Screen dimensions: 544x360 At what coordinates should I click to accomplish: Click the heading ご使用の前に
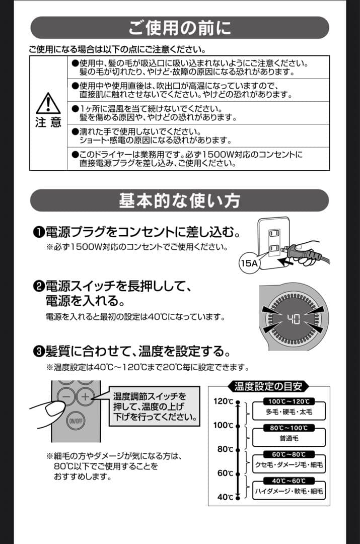click(x=180, y=28)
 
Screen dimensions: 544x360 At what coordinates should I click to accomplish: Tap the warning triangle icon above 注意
click(x=48, y=104)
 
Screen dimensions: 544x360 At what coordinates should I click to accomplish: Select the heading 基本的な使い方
click(x=180, y=200)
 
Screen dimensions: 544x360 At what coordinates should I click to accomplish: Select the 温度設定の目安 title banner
click(x=269, y=387)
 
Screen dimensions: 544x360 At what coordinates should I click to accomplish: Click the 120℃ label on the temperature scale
click(x=223, y=401)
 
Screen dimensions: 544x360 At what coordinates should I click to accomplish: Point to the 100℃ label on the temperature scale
click(x=223, y=425)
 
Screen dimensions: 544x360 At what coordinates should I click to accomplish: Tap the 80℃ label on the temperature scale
click(x=225, y=449)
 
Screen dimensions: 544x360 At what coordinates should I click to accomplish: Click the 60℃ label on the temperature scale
click(x=225, y=473)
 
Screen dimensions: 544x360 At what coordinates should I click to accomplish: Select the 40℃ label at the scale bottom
click(x=225, y=497)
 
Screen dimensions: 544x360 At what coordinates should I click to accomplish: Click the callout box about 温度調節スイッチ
click(x=154, y=407)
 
